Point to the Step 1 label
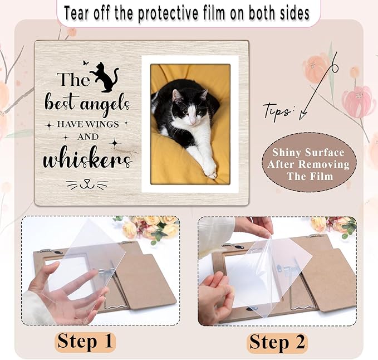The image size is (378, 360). (85, 341)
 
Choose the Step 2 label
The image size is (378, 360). (278, 341)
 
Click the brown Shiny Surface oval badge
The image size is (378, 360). (308, 164)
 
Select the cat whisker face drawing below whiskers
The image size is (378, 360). (86, 183)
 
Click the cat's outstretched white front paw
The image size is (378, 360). (209, 168)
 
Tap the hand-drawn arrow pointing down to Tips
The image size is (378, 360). (317, 89)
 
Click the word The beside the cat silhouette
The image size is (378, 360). (72, 80)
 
